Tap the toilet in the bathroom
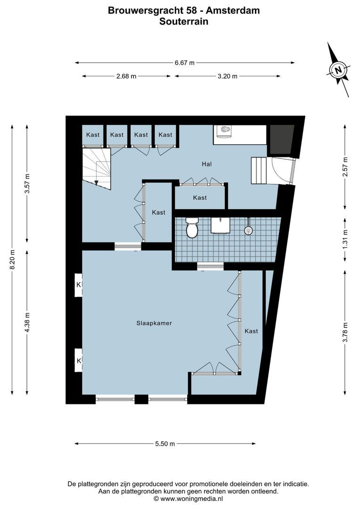tap(192, 229)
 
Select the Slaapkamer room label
tap(154, 323)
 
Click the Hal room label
tap(206, 164)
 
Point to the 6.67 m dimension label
tap(185, 63)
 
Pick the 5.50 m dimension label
tap(165, 443)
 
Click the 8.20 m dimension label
tap(13, 260)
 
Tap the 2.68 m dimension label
tap(126, 76)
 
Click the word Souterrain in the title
tap(184, 21)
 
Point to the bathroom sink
tap(219, 225)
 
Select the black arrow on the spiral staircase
tap(96, 182)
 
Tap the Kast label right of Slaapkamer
tap(251, 331)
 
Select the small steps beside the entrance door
tap(259, 170)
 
